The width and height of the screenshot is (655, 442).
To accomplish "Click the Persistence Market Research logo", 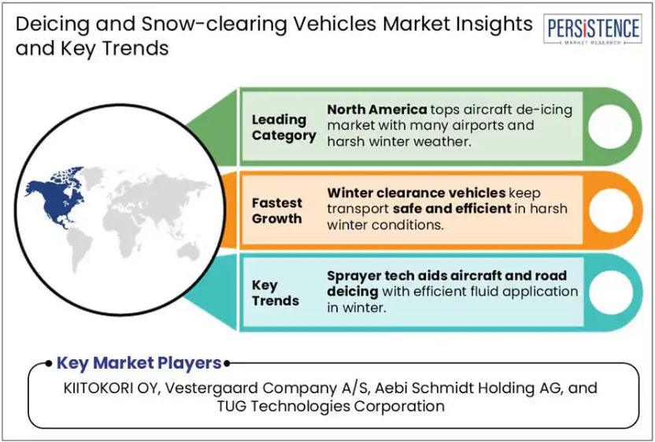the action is pos(593,29).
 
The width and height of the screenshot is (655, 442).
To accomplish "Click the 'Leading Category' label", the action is pos(283,128).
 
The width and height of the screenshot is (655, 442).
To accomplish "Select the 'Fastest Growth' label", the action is pos(276,210).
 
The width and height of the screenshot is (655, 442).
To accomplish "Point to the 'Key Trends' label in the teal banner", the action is pos(276,293).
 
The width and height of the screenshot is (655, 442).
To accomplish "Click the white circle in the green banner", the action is pos(610,126).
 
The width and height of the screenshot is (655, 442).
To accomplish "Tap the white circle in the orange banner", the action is pos(610,210).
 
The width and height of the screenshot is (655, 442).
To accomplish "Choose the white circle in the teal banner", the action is pos(610,293).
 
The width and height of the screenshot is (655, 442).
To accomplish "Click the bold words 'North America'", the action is pos(377,110).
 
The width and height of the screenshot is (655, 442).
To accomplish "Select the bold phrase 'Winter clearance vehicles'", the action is pos(416,193).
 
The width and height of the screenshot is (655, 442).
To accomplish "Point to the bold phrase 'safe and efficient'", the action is pos(452,208).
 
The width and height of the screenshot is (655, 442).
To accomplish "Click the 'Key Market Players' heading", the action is pos(139,363).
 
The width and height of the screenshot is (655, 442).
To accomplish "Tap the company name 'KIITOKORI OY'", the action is pos(111,388).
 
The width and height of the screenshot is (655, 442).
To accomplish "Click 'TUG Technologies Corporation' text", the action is pos(331,406).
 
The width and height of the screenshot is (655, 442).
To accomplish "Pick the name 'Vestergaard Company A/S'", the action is pos(267,388).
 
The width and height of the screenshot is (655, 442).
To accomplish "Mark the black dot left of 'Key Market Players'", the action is pos(49,363).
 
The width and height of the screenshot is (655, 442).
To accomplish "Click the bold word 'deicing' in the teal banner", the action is pos(352,292).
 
